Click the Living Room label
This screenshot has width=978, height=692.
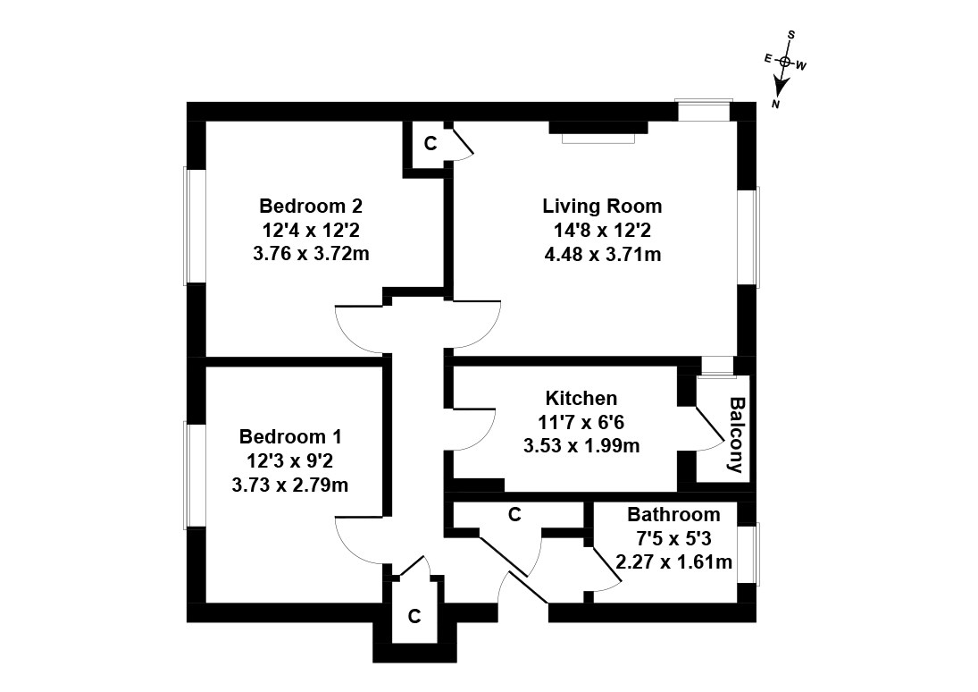tap(602, 207)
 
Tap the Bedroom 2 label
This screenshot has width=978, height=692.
tap(311, 207)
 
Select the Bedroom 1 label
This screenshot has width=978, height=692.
tap(290, 437)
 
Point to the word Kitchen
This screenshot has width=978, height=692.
tap(581, 398)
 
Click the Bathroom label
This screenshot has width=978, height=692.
tap(673, 515)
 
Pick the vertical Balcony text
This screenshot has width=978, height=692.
tap(737, 435)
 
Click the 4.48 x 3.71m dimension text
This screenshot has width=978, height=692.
tap(602, 255)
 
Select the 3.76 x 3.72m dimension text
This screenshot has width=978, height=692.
tap(311, 255)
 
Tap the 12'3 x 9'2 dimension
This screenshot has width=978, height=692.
tap(290, 461)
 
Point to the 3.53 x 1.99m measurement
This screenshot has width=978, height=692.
tap(581, 445)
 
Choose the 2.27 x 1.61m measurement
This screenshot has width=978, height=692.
tap(674, 562)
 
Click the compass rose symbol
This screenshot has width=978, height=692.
tap(785, 63)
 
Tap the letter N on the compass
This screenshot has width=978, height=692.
tap(776, 105)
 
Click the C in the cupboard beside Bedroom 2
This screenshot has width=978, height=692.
tap(430, 143)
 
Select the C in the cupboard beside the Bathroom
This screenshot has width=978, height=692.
tap(514, 515)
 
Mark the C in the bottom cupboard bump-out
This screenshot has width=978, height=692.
tap(414, 616)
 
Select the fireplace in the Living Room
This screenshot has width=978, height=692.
tap(598, 131)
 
